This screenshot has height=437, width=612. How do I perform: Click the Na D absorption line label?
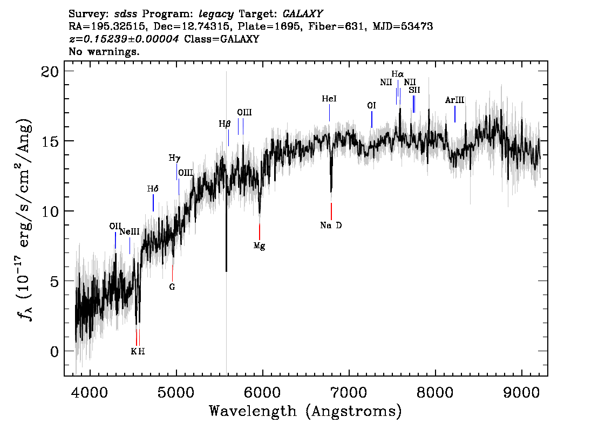coord(331,226)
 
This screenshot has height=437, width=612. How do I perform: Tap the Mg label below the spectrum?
coord(259,246)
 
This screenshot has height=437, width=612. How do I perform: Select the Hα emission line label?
coord(398,74)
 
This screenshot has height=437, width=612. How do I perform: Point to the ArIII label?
coord(455,100)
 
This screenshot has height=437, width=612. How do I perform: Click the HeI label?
coord(329,99)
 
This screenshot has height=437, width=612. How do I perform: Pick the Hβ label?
coord(225,125)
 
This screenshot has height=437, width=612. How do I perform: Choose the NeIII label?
coord(130,232)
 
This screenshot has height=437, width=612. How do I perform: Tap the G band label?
coord(172,287)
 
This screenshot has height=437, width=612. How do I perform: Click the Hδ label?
coord(153,189)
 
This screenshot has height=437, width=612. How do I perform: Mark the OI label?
coord(371,106)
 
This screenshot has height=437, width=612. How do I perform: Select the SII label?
coord(414,90)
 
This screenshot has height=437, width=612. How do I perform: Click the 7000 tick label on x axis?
coord(348,393)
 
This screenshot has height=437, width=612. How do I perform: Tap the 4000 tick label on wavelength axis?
coord(90,393)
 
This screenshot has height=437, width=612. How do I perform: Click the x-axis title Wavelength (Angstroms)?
coord(305,411)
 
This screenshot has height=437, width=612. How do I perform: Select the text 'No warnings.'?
coord(104,51)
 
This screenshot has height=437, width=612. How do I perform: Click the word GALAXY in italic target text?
coord(302,14)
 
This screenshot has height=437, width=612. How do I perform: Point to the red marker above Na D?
coord(331,211)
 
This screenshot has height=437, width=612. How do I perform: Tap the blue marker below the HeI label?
coord(329,113)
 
